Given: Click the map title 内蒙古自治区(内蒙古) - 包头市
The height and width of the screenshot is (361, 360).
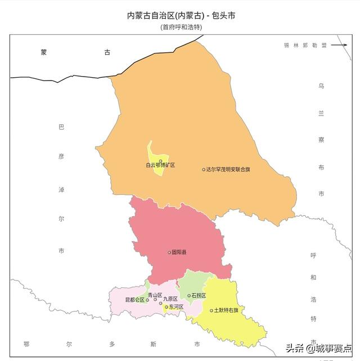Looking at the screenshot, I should (x=181, y=15).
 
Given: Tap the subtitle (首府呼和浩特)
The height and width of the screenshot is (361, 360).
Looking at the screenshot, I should (x=181, y=27).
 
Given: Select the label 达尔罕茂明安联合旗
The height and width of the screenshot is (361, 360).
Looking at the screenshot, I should (x=228, y=170).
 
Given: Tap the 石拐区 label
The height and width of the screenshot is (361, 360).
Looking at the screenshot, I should (x=199, y=296).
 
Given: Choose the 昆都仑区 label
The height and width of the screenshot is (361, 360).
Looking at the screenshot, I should (x=134, y=300).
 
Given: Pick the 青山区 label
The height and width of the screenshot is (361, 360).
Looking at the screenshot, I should (x=155, y=295).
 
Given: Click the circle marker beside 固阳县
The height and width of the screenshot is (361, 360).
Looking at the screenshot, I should (x=169, y=252).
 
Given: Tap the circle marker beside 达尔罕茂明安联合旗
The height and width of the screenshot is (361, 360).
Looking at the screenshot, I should (x=204, y=170).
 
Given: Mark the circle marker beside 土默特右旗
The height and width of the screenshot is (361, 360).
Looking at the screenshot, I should (x=211, y=310).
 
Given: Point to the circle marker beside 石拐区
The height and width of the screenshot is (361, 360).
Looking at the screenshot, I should (x=189, y=296).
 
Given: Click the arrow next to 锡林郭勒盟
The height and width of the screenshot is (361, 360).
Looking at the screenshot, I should (x=339, y=46).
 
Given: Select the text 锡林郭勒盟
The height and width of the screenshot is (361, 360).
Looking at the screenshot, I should (x=305, y=46).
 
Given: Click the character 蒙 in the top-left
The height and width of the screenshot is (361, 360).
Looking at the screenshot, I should (x=44, y=52).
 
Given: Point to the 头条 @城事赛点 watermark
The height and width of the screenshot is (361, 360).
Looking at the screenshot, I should (x=319, y=348).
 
